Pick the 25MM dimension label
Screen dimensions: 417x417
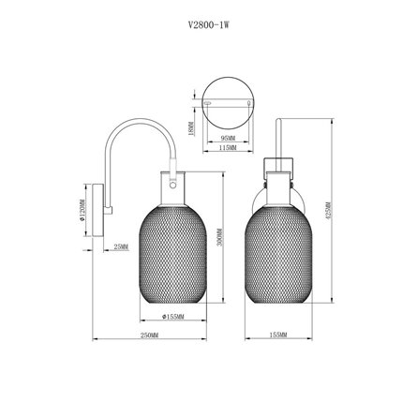[x=120, y=246]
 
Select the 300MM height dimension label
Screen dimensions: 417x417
[x=217, y=244]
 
